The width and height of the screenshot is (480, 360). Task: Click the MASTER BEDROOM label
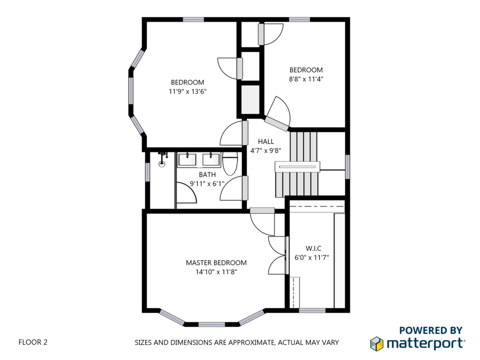click(x=216, y=262)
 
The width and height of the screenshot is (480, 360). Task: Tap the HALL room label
click(x=266, y=142)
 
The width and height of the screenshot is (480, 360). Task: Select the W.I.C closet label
click(x=313, y=248)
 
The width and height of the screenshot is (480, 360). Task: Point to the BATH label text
click(x=207, y=174)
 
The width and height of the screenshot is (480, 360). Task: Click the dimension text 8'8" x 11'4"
click(x=306, y=79)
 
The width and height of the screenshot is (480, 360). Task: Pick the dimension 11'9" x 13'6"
click(x=187, y=91)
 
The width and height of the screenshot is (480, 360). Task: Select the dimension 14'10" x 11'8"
click(x=217, y=272)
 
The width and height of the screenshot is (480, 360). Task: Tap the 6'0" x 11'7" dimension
click(x=312, y=257)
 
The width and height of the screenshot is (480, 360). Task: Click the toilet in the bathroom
click(x=230, y=162)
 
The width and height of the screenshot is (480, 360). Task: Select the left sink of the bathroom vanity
click(x=187, y=160)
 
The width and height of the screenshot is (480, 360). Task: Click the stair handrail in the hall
click(x=297, y=167)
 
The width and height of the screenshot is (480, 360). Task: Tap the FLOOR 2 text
click(x=33, y=342)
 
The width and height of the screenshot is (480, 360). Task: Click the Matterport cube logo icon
click(x=376, y=344)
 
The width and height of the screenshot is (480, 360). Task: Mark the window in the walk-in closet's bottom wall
click(x=312, y=310)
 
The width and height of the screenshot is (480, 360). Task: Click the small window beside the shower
click(x=147, y=172)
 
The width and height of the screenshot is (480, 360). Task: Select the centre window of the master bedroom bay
click(x=211, y=324)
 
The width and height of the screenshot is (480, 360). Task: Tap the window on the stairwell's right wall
click(x=347, y=167)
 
